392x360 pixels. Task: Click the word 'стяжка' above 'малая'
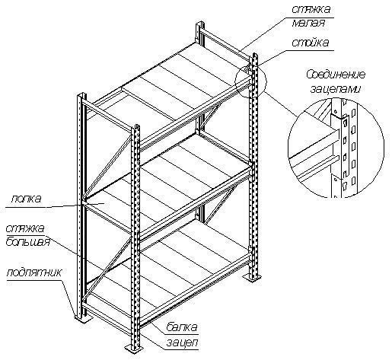[311, 10]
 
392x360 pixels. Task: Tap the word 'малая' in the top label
[308, 23]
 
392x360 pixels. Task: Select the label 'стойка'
[310, 43]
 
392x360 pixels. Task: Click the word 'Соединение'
[336, 75]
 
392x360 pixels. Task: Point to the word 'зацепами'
[335, 89]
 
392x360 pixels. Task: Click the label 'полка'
[26, 199]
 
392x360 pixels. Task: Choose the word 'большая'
[27, 242]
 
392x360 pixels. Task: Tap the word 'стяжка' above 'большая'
[25, 228]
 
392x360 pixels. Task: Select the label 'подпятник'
[33, 273]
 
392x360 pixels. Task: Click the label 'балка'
[182, 327]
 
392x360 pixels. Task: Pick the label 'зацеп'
[182, 343]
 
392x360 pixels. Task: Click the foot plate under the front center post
[134, 347]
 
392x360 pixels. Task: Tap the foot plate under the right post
[253, 278]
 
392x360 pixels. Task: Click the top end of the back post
[200, 24]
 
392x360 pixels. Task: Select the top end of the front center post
[135, 126]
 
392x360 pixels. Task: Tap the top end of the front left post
[81, 94]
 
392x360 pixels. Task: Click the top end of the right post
[253, 55]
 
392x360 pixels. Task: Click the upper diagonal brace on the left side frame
[109, 165]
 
